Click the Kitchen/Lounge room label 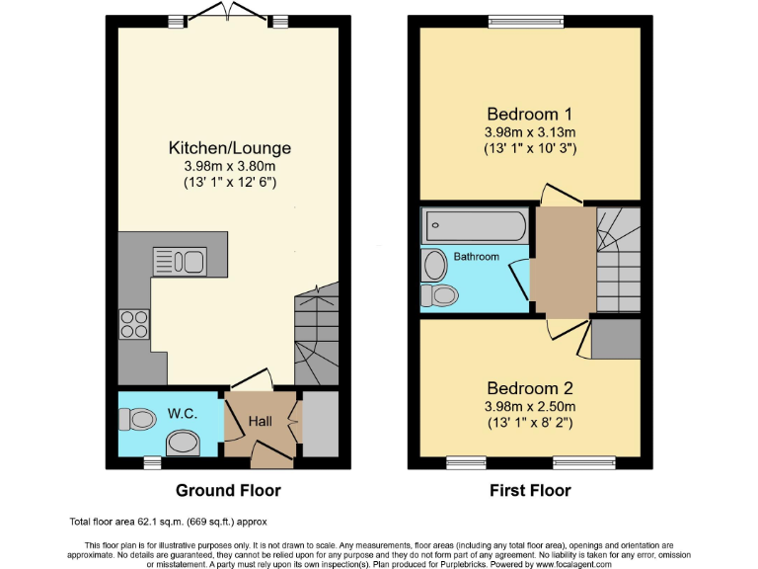[x=230, y=148]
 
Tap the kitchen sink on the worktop [x=178, y=261]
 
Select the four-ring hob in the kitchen [x=133, y=323]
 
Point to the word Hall [x=260, y=422]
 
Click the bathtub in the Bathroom [x=475, y=226]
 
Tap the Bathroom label [x=477, y=257]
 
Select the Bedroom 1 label [x=530, y=113]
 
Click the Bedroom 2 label [x=530, y=388]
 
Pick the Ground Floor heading [x=228, y=491]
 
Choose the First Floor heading [x=529, y=491]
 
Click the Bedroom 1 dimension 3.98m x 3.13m [x=530, y=130]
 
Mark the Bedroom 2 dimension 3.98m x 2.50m [x=530, y=406]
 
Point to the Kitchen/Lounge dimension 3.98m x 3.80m [x=230, y=166]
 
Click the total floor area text [x=168, y=522]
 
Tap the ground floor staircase [x=316, y=336]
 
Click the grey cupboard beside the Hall [x=319, y=424]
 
